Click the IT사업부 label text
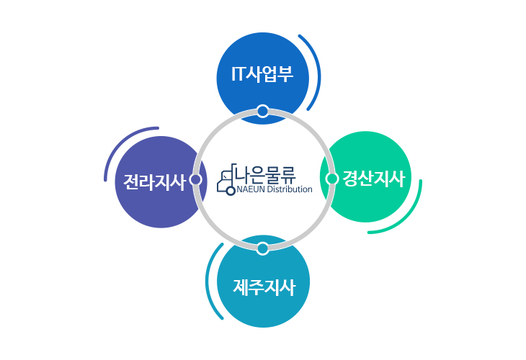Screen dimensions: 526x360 262,73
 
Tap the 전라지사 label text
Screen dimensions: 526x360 155,182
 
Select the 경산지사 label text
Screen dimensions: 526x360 373,179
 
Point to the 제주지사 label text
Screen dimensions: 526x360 264,287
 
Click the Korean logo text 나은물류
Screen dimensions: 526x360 266,174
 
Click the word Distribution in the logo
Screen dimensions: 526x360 290,189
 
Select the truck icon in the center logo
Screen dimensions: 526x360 227,180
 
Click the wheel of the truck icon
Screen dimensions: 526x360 231,191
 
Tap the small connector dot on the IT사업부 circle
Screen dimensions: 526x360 263,111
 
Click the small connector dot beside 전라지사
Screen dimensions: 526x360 195,179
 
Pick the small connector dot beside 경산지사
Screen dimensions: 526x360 332,179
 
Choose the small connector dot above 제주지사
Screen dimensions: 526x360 263,248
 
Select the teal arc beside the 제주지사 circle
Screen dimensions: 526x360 208,282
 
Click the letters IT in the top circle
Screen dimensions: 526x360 239,73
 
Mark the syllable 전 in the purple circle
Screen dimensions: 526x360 131,182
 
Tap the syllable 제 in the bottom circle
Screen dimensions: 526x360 241,287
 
